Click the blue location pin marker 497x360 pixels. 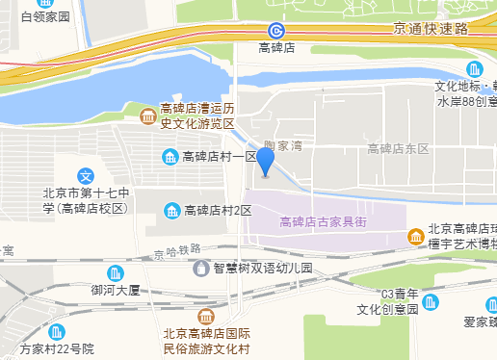pos(265,163)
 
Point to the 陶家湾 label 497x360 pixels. pos(283,145)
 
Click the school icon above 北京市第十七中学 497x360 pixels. pos(86,177)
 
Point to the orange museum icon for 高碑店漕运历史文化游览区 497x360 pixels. pos(146,117)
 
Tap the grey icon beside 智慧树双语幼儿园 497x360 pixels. pos(201,269)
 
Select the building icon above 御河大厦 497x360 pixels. pos(116,273)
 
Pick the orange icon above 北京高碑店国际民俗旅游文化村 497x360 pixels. pos(206,317)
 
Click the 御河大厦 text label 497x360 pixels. pos(116,290)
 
